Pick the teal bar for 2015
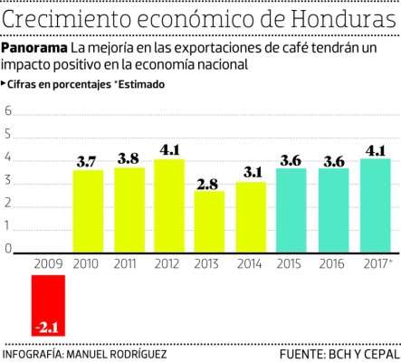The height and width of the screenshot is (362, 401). point(291,211)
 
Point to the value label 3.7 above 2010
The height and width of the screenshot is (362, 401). point(87,162)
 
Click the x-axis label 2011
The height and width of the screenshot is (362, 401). point(128,263)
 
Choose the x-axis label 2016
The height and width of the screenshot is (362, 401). point(333,263)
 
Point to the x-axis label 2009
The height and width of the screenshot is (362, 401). point(47,263)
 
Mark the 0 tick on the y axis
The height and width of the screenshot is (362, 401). point(8,249)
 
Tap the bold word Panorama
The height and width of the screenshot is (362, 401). point(34,47)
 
